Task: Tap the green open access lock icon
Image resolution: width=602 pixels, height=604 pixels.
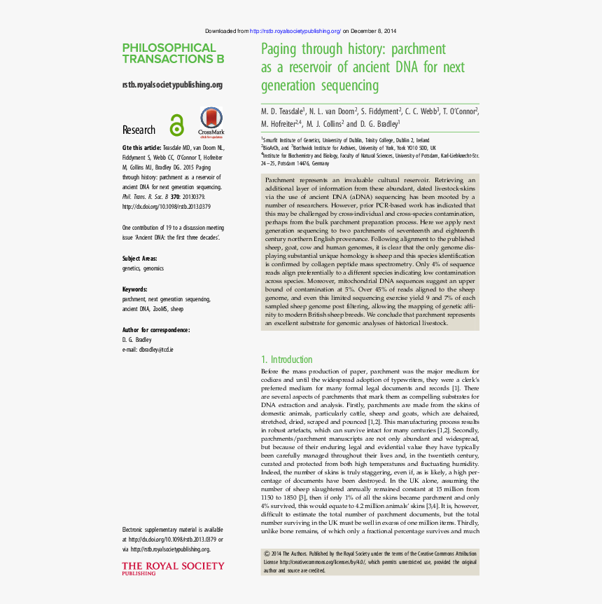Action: (176, 125)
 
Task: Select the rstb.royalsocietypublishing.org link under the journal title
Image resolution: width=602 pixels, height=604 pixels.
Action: (172, 85)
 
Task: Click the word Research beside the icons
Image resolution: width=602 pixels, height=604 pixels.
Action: (139, 130)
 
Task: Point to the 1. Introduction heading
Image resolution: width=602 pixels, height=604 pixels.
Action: (286, 359)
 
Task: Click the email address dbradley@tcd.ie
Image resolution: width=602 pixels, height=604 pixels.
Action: (155, 349)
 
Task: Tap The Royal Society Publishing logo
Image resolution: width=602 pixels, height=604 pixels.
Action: (173, 568)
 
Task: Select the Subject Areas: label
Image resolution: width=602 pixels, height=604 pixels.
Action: (141, 258)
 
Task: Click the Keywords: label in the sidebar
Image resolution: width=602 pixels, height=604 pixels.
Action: (134, 289)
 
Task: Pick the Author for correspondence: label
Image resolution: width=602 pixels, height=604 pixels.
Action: (156, 329)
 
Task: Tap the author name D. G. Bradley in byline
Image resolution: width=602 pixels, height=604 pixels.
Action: (379, 123)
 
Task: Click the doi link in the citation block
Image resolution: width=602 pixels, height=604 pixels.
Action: (166, 207)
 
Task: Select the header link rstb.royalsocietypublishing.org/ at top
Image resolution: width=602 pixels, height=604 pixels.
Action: (295, 32)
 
